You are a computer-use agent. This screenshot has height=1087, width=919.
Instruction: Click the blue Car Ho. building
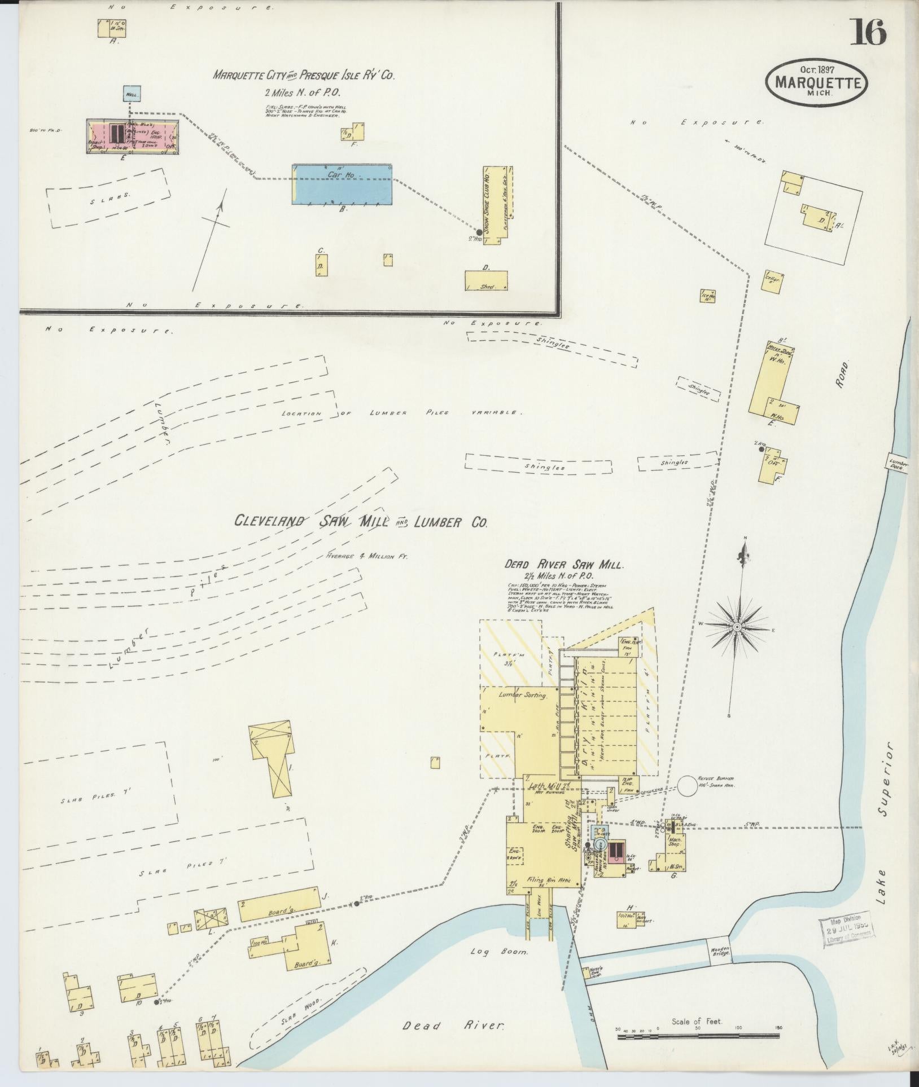point(342,184)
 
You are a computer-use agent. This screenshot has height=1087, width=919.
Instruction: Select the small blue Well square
point(131,94)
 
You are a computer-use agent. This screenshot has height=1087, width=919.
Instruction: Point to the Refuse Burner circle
point(689,786)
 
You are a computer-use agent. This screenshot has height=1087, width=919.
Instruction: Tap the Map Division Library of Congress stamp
point(846,928)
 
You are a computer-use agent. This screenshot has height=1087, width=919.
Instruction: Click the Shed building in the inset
point(485,281)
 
